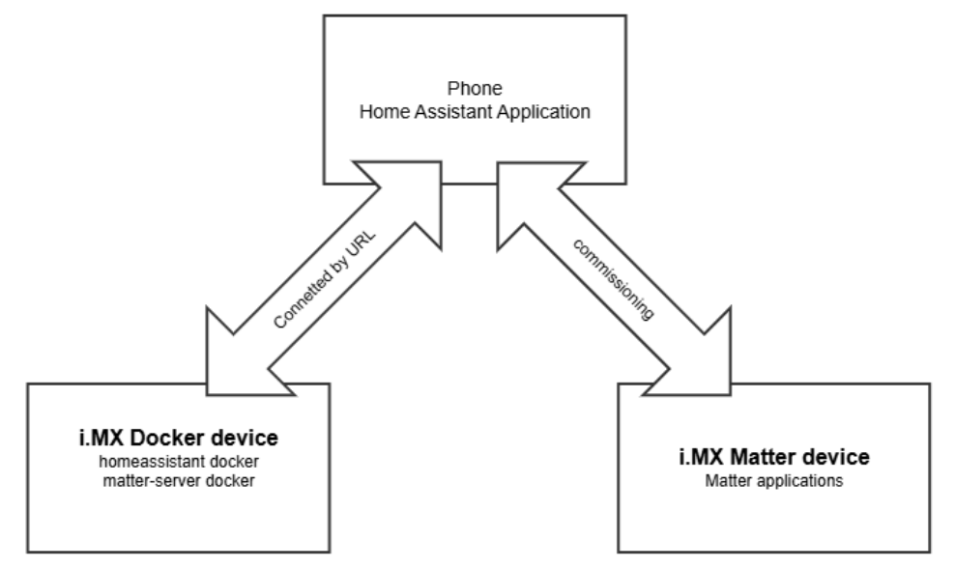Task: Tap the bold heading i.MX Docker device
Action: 177,438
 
